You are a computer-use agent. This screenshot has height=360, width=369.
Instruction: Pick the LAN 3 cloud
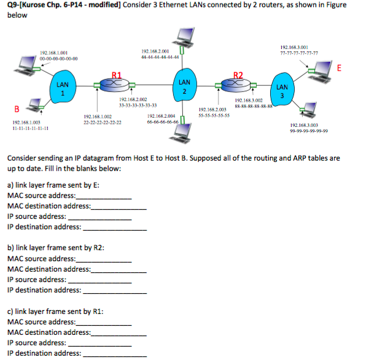[x=282, y=91]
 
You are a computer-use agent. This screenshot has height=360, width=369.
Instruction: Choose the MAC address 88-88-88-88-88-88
[x=253, y=105]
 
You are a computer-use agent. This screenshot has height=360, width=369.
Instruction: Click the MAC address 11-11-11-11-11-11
[x=31, y=128]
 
